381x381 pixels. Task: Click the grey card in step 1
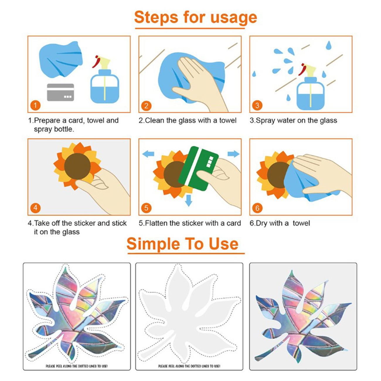coord(60,92)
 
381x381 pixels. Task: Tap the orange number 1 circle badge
coord(35,106)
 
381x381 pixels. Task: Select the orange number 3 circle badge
coord(257,106)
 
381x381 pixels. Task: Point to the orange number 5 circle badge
coord(146,208)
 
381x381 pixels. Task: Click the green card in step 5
coord(198,169)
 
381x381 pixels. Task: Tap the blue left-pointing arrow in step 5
coord(148,154)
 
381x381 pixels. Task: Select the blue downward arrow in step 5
coord(189,200)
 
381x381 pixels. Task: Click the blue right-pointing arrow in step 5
coord(234,154)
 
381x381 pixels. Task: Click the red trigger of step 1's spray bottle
coord(96,62)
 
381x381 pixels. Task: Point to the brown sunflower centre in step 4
coord(77,166)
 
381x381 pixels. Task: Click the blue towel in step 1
coord(61,59)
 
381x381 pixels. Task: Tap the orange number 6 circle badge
coord(257,208)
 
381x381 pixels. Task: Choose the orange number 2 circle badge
coord(146,106)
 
